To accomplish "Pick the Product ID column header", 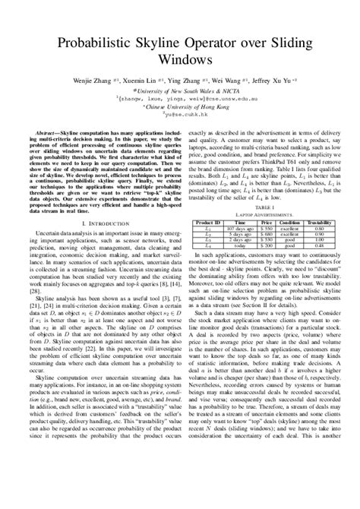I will coord(207,222).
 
